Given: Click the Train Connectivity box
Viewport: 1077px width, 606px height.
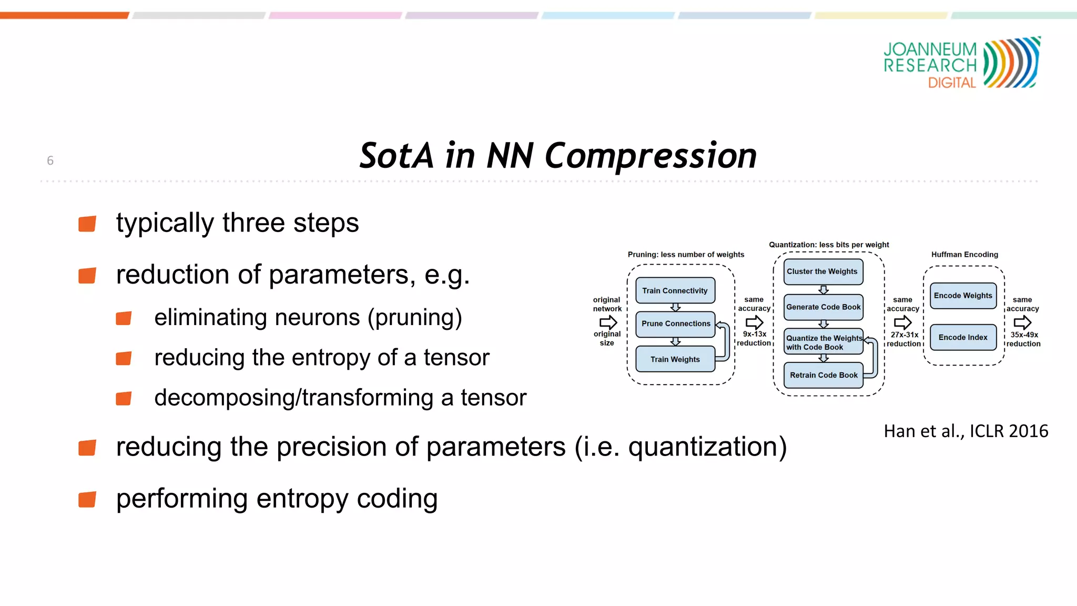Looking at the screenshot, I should coord(675,290).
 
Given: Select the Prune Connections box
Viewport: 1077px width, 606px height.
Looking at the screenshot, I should coord(675,324).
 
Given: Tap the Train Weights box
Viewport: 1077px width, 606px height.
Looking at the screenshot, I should coord(675,359).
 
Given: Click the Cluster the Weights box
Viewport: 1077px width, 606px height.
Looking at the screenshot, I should coord(822,271).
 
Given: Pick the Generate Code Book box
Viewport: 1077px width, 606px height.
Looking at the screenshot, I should coord(823,307).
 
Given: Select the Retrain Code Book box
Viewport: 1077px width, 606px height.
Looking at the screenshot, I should coord(823,375).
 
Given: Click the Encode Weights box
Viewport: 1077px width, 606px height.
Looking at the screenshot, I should coord(963,296).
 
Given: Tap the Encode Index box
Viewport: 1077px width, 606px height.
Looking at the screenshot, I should coord(963,337).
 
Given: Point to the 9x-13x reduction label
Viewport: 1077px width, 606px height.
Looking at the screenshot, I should coord(754,338).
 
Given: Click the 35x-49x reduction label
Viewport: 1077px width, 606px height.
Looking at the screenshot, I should coord(1023,339).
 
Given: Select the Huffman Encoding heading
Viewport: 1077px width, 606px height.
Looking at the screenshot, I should coord(964,255).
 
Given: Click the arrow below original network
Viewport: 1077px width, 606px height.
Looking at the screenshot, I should coord(608,321).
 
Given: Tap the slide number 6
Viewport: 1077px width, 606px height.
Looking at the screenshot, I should coord(50,160).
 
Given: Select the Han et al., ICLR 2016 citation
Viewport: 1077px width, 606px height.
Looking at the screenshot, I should coord(966,431).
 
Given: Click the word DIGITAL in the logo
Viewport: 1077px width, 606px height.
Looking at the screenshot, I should coord(952,83).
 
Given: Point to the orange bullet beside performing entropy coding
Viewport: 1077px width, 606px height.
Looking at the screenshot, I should coord(87,499).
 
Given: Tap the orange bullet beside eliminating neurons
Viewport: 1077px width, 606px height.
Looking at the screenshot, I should coord(124,318).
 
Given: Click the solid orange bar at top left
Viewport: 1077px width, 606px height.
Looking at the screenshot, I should coord(64,15).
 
